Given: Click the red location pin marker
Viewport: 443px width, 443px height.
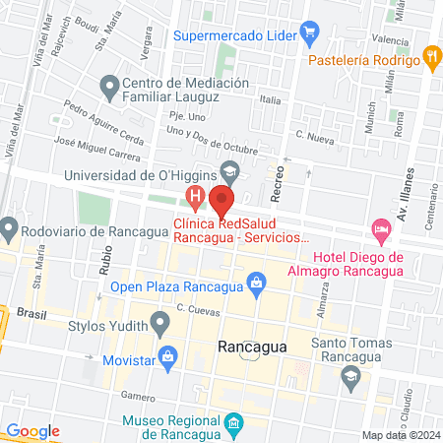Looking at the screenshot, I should (221, 202).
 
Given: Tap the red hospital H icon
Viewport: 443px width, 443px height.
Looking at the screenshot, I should (196, 197).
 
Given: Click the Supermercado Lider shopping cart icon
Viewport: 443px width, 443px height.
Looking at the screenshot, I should (309, 32).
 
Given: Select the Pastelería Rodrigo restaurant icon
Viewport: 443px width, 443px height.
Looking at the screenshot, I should (430, 56).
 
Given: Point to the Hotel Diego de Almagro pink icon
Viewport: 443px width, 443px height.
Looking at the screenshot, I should (380, 230).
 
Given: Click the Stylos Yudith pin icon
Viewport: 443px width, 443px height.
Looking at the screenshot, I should (159, 324).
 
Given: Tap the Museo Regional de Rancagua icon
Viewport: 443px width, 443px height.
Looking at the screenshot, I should (233, 424).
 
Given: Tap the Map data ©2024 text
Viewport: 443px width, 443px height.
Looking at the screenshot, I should (401, 435).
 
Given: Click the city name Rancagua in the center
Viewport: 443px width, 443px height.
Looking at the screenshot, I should (251, 348).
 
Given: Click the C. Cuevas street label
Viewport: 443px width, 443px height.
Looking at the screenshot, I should (196, 309).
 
